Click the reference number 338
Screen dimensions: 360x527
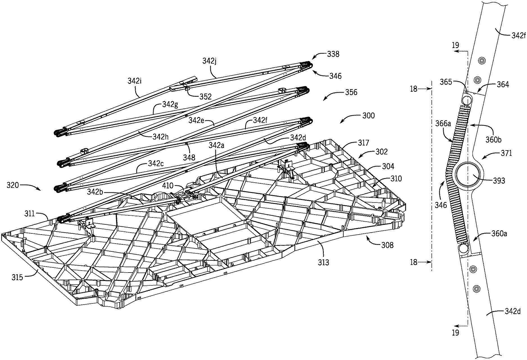(333, 54)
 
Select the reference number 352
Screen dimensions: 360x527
(205, 96)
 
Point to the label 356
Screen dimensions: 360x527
(351, 92)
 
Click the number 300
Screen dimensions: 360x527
(368, 116)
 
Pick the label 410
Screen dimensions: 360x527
(175, 186)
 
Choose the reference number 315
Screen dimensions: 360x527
(17, 277)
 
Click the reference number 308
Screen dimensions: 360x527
(387, 245)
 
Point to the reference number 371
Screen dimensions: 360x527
(506, 153)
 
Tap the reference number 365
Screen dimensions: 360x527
(446, 82)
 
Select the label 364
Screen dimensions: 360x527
(503, 84)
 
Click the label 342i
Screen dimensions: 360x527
(135, 81)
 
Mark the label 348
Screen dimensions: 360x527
(189, 157)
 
